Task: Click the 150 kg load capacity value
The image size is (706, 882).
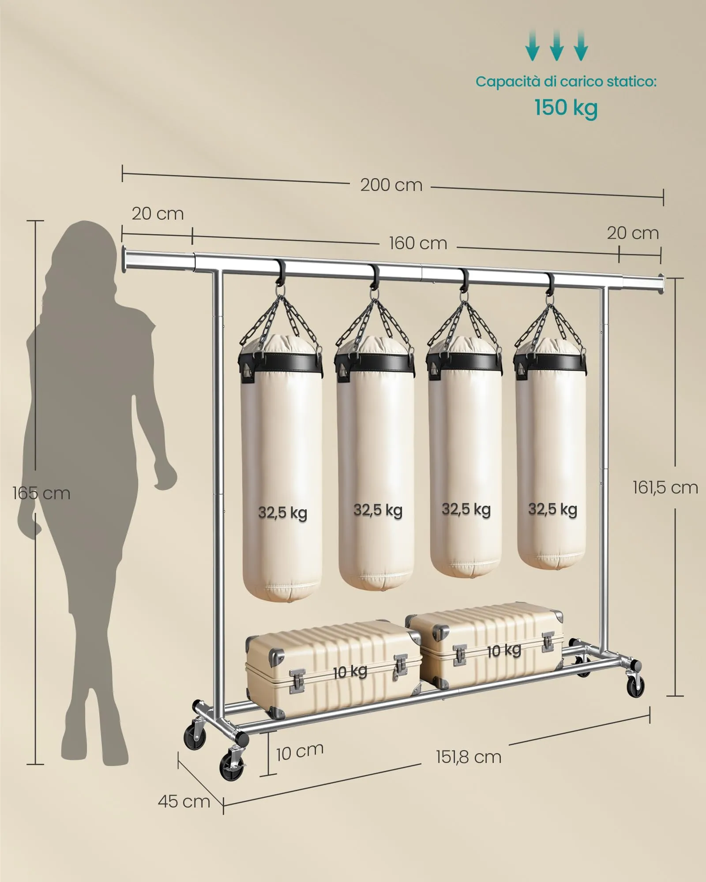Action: pyautogui.click(x=566, y=108)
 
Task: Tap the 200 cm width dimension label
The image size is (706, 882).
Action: pyautogui.click(x=391, y=185)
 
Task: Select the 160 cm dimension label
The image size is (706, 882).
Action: pyautogui.click(x=418, y=243)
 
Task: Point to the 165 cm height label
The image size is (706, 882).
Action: pyautogui.click(x=41, y=493)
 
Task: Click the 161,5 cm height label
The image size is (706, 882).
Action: pyautogui.click(x=665, y=487)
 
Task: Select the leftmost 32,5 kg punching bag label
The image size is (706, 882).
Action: pyautogui.click(x=282, y=512)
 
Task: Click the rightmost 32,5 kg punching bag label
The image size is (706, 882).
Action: pyautogui.click(x=553, y=509)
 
